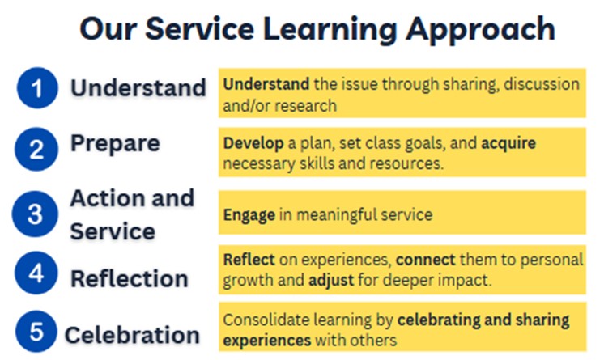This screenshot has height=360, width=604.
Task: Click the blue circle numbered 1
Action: [x=37, y=88]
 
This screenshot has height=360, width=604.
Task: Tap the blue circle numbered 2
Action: [x=36, y=149]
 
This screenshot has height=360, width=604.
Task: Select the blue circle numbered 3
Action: [x=35, y=214]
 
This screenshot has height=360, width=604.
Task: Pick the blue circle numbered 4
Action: [x=36, y=273]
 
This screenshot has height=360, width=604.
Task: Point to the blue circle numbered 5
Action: [x=36, y=331]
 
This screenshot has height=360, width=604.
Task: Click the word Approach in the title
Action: [x=480, y=30]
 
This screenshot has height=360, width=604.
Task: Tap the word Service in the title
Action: [x=199, y=29]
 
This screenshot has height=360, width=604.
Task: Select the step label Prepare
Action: [x=115, y=144]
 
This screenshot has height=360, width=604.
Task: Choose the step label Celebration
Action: [x=132, y=335]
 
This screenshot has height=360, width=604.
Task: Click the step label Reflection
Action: [x=130, y=278]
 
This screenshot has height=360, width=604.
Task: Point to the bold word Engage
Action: [x=249, y=215]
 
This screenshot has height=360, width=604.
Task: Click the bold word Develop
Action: [x=253, y=144]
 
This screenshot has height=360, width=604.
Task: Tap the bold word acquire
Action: [x=508, y=144]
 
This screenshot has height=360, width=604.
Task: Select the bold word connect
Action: [x=426, y=260]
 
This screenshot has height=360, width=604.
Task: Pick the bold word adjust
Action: [x=331, y=280]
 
